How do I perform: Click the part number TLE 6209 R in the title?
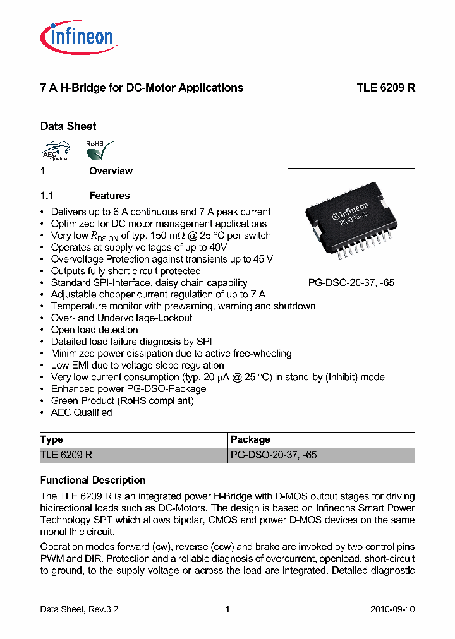pos(385,88)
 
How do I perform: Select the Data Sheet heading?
pos(68,126)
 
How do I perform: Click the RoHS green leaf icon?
pos(99,152)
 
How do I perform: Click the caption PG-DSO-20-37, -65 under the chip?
pos(351,283)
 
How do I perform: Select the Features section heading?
pos(109,196)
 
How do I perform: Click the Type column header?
pos(52,439)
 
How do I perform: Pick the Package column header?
pos(250,439)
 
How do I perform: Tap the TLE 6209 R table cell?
pos(66,455)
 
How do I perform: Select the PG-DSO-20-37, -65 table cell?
pos(274,455)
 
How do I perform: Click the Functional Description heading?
pos(93,480)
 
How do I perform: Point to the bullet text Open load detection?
pos(94,330)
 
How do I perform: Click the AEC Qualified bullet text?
pos(82,412)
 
